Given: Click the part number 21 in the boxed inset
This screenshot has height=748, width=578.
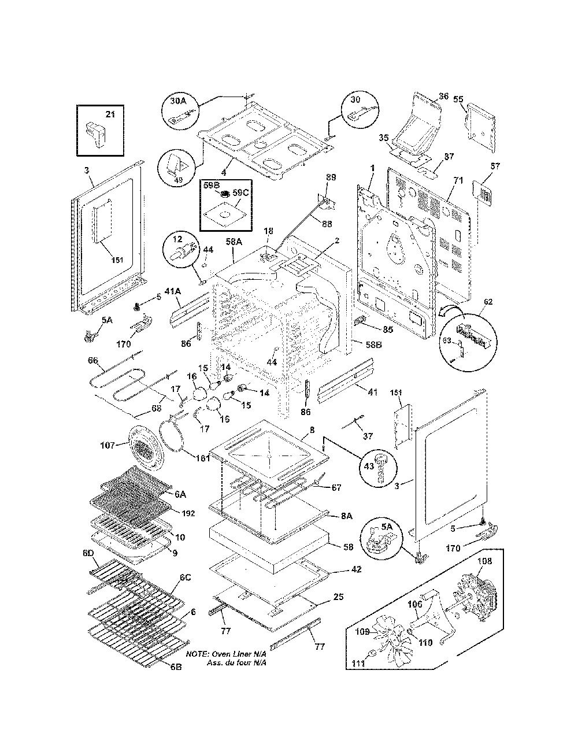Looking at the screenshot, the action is [x=110, y=114].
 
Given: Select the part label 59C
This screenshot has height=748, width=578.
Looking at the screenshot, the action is [x=240, y=192].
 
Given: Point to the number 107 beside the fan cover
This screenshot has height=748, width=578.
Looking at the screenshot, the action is [x=108, y=445].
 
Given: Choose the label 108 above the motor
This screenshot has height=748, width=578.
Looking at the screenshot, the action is [x=484, y=561].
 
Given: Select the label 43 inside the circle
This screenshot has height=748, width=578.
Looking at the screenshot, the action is [x=369, y=466].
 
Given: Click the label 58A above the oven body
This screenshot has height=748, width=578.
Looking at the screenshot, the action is [x=234, y=242].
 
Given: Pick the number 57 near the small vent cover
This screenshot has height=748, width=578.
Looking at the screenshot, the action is [x=495, y=166].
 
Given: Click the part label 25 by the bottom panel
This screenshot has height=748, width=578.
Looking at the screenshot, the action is [x=339, y=597].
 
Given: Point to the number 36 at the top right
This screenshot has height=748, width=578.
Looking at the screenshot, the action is [x=444, y=96].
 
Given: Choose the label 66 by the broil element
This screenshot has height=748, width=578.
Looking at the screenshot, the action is [x=93, y=360].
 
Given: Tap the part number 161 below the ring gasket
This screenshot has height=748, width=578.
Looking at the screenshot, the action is [x=203, y=458].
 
